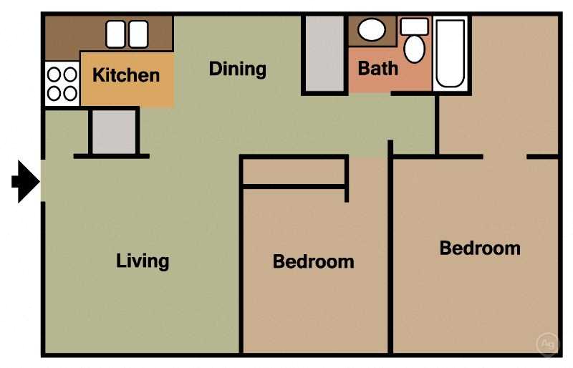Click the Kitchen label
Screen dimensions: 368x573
126,74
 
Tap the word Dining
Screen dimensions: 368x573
237,69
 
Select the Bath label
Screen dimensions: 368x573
377,69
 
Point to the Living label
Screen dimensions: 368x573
143,260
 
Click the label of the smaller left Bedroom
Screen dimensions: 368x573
313,261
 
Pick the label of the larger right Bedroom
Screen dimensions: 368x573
479,248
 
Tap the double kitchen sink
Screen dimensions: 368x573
127,34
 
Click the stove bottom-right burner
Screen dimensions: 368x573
70,92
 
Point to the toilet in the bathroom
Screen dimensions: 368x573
414,48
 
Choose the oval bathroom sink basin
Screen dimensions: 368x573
371,30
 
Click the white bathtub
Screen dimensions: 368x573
451,53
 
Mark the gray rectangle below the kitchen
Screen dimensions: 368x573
113,132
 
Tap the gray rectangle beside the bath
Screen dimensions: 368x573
324,52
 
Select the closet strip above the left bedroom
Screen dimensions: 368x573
294,172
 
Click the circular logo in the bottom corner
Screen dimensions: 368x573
548,344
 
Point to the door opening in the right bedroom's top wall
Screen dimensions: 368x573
505,156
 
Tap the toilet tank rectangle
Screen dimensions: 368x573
414,26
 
